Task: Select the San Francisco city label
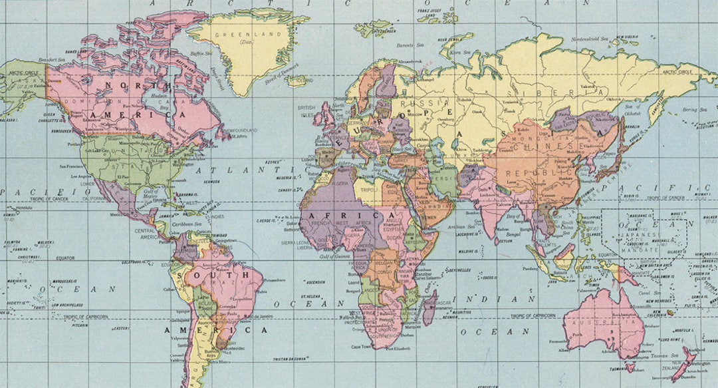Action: [x=71, y=166]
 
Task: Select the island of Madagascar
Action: [x=429, y=307]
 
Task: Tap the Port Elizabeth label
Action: [x=398, y=348]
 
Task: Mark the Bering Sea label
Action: [x=693, y=108]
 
